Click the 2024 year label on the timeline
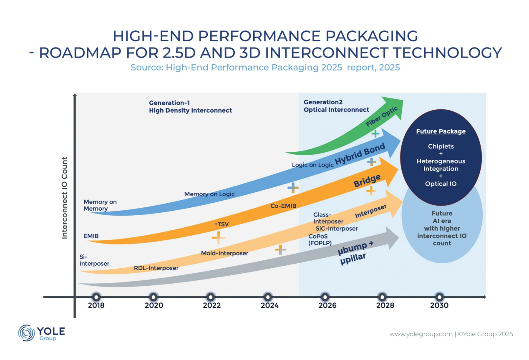coord(270,305)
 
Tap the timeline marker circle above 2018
coord(96,297)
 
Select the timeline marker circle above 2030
coord(439,297)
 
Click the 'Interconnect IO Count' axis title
coord(65,198)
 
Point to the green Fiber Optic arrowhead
coord(393,107)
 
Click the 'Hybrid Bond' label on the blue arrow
coord(360,154)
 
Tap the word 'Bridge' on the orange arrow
coord(367,180)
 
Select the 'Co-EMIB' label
coord(283,206)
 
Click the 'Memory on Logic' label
coord(209,194)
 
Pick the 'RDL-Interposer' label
coord(156,268)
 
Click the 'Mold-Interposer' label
coord(224,253)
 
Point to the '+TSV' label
coord(221,224)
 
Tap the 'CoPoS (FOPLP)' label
coord(320,239)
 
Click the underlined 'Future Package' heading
coord(441,131)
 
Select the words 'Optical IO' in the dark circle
coord(441,184)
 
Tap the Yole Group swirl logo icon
coord(26,333)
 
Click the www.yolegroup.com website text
coord(421,334)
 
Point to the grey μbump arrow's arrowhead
coord(392,238)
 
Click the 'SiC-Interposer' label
coord(337,229)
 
